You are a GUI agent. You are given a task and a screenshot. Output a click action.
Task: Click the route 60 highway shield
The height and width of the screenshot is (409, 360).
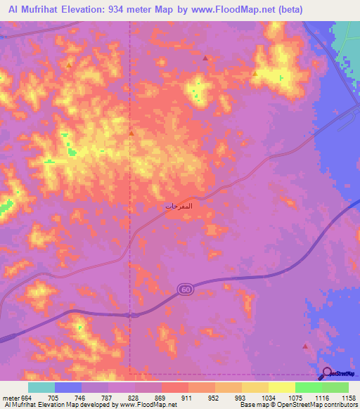coord(185,290)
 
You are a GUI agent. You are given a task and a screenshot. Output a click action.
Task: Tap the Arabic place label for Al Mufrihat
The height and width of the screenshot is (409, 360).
coord(179,207)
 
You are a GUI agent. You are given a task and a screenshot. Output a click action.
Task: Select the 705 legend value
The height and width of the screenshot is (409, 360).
coord(53,398)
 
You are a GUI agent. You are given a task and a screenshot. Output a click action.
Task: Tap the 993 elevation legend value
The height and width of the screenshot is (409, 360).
coord(241,398)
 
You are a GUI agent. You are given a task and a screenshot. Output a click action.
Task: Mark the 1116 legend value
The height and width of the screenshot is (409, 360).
coord(322,398)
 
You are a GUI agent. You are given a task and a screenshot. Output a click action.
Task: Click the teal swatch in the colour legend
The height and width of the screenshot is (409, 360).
coord(41,387)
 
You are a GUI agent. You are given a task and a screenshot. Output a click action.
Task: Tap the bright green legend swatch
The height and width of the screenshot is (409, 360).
coord(309,387)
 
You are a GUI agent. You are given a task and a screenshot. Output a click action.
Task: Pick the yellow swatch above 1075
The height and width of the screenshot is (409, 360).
coord(282,387)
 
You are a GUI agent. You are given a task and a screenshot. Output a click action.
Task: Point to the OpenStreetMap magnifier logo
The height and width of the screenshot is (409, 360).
coord(327,373)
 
